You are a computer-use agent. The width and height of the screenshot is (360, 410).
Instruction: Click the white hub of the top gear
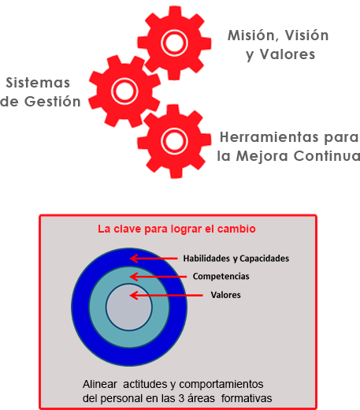[174, 43]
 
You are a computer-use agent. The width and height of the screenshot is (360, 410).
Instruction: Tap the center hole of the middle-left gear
[124, 91]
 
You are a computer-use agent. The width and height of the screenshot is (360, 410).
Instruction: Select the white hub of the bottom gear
[174, 140]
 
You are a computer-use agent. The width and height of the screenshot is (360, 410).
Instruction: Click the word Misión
[254, 35]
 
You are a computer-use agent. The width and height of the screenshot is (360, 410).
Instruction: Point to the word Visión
[307, 35]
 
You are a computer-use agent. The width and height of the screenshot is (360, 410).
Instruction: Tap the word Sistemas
[38, 83]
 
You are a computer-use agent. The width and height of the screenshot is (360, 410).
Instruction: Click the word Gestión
[53, 101]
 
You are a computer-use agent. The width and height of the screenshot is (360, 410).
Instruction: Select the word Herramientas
[269, 137]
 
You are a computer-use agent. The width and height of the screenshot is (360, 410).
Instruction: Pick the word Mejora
[262, 156]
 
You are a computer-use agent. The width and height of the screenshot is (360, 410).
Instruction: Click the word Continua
[327, 156]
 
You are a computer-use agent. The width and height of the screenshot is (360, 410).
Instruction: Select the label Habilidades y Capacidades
[236, 259]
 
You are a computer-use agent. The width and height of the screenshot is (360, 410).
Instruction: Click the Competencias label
[221, 277]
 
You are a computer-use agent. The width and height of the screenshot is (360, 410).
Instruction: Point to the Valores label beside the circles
[226, 295]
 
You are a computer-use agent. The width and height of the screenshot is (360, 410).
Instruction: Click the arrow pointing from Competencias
[158, 277]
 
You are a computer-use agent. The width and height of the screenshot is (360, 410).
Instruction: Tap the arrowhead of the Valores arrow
[134, 295]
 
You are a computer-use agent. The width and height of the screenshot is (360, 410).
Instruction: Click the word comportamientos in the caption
[221, 385]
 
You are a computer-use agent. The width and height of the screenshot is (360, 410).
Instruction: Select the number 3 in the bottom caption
[181, 398]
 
